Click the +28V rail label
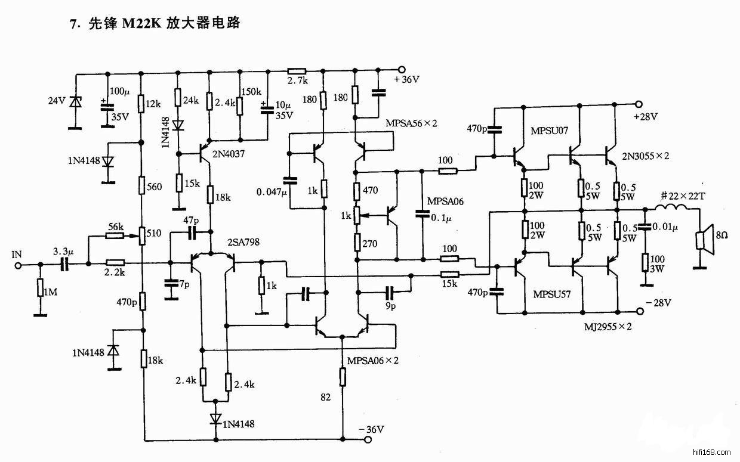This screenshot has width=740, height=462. click(x=646, y=116)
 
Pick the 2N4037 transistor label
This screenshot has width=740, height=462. click(x=229, y=154)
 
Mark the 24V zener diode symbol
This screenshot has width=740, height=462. click(x=75, y=102)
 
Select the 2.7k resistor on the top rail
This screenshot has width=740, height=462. click(x=297, y=69)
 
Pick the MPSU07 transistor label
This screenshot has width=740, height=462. click(x=549, y=130)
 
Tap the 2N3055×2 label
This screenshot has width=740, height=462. click(x=645, y=156)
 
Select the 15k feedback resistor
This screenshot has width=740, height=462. click(x=449, y=275)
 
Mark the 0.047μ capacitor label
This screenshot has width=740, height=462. click(x=272, y=192)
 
